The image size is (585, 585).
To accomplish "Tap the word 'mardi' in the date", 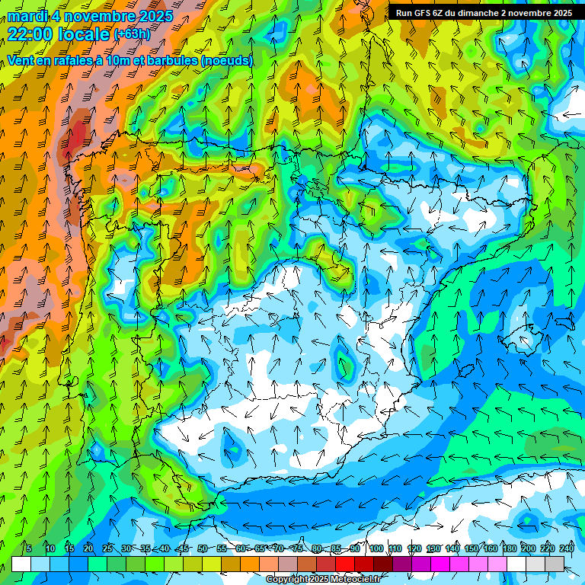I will pyautogui.click(x=26, y=16).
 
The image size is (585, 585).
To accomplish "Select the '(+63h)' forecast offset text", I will pyautogui.click(x=132, y=34).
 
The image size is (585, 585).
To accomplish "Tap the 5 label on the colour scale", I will pyautogui.click(x=29, y=548).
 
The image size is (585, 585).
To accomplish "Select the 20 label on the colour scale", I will pyautogui.click(x=88, y=548).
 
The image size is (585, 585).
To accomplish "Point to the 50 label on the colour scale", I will pyautogui.click(x=202, y=548).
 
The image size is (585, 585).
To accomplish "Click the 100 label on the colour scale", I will pyautogui.click(x=376, y=548).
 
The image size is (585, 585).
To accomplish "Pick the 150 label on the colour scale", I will pyautogui.click(x=472, y=548).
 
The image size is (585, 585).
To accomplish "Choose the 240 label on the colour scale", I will pyautogui.click(x=567, y=548).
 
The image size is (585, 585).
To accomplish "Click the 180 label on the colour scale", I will pyautogui.click(x=510, y=548).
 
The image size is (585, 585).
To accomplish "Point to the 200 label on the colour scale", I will pyautogui.click(x=529, y=548).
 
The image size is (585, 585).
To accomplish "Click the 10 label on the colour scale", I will pyautogui.click(x=50, y=548).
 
